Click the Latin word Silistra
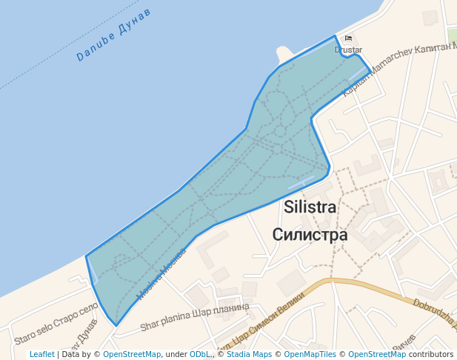point(310,207)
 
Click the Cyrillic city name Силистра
point(310,235)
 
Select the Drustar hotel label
point(348,50)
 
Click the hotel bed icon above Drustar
point(348,39)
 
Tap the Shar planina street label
point(195,316)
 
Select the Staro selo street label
point(56,324)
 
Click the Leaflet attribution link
point(42,355)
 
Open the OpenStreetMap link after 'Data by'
point(132,355)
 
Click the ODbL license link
point(201,355)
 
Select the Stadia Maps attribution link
point(249,355)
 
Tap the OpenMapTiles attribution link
point(306,355)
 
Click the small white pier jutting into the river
point(283,54)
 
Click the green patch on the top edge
point(452,34)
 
